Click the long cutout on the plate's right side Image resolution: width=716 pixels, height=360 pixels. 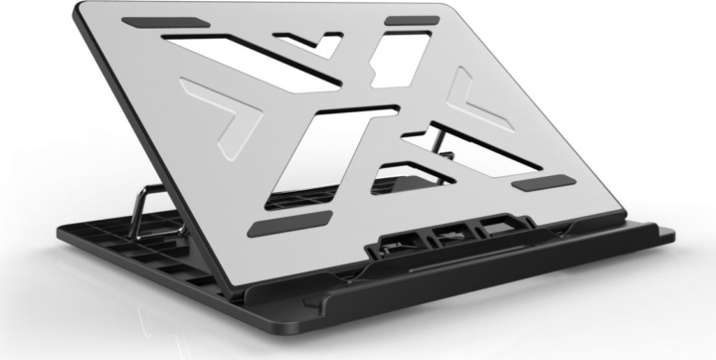coord(447,149)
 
